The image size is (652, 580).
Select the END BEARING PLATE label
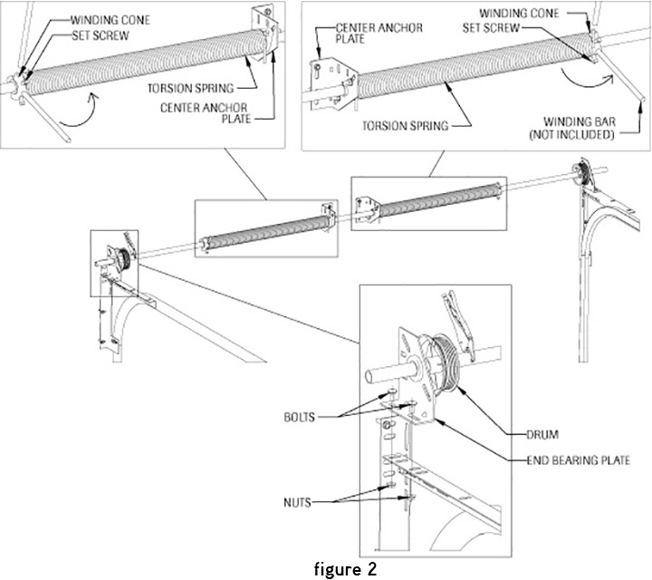[578, 461]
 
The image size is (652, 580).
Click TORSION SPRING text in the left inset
[200, 90]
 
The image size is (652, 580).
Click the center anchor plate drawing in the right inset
[330, 77]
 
